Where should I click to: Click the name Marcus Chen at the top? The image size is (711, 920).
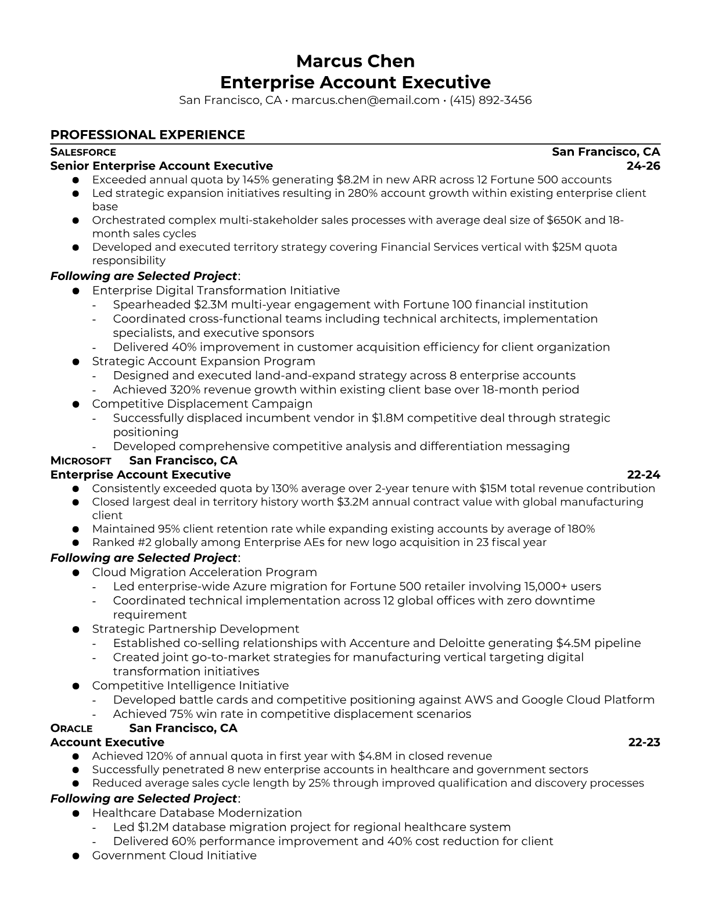[355, 61]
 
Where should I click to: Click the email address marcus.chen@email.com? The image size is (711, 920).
[365, 100]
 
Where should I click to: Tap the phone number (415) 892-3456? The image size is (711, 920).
[490, 100]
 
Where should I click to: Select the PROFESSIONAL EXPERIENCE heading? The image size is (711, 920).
[148, 135]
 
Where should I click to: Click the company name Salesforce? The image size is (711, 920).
[83, 152]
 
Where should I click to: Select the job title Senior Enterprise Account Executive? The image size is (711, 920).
[161, 166]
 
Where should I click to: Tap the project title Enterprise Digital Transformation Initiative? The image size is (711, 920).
[216, 290]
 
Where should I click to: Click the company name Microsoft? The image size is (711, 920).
[81, 461]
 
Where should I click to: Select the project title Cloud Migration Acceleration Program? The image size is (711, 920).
[204, 572]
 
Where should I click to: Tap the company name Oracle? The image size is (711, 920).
[71, 728]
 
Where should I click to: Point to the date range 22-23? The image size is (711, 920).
[644, 742]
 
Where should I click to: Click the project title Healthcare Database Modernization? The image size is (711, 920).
[197, 813]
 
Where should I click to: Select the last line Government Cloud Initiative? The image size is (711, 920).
[174, 856]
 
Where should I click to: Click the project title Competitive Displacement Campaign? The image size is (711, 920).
[202, 404]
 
